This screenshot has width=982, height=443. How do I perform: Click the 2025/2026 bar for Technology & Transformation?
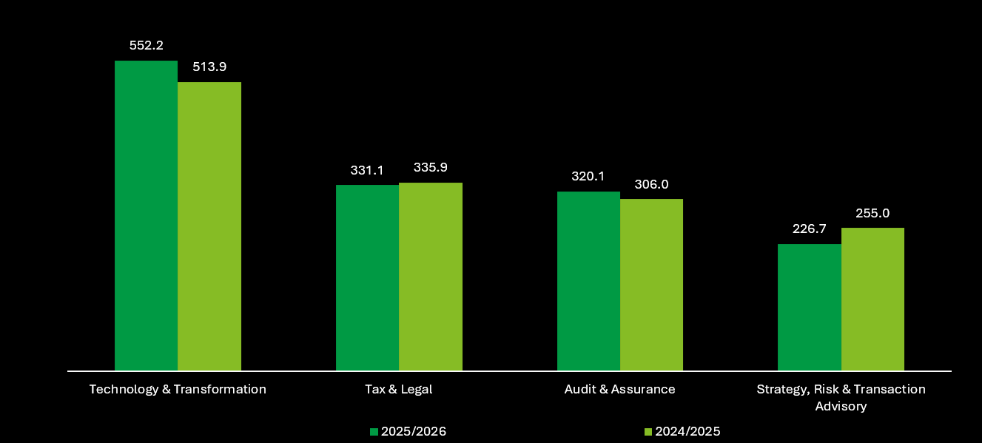coord(147,216)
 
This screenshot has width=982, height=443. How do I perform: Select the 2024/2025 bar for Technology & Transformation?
coord(209,226)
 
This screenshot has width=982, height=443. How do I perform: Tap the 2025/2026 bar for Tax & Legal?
coord(367,278)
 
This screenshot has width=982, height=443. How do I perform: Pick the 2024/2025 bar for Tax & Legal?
coord(431,277)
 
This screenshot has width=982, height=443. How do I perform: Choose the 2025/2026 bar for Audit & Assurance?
coord(589,281)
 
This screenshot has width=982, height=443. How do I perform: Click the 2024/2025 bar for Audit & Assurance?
coord(651,285)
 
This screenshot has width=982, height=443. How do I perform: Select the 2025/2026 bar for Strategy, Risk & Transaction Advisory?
coord(810,307)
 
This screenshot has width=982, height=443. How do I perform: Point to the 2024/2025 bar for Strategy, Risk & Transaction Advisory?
coord(872,300)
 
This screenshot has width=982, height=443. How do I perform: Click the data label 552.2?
coord(147,46)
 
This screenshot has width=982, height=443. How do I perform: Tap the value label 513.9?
coord(209,67)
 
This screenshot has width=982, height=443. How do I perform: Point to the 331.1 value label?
coord(367,170)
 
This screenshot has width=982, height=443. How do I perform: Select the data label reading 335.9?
coord(431,167)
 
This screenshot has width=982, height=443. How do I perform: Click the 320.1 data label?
coord(588,176)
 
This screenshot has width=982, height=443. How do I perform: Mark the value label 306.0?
coord(651,184)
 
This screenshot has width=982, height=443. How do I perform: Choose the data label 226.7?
coord(810,229)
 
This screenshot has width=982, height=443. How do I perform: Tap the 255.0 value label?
coord(872,214)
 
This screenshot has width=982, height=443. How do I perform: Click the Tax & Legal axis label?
coord(399,389)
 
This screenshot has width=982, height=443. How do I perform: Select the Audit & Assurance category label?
coord(619,389)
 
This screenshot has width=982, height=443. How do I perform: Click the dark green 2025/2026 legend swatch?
coord(374,432)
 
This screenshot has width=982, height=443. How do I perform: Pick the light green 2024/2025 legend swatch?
coord(648,432)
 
